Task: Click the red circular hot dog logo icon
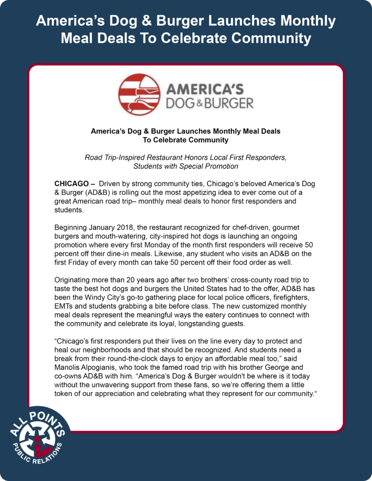point(139,95)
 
